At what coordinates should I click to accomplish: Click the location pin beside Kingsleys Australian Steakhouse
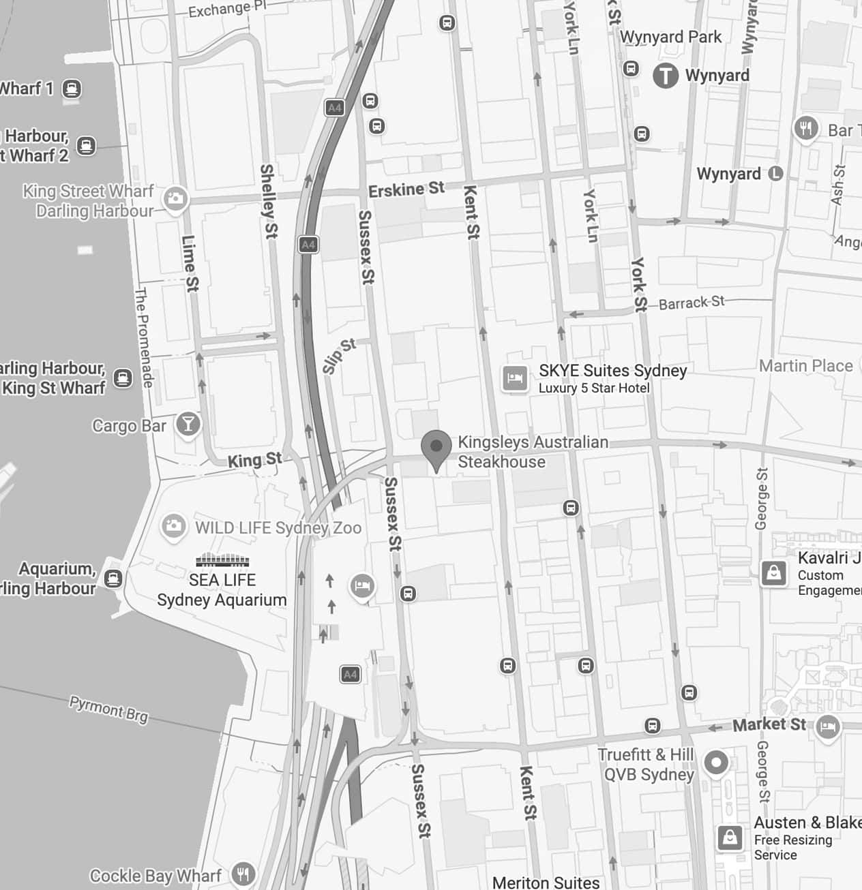tap(436, 448)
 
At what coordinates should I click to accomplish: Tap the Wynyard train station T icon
tap(666, 76)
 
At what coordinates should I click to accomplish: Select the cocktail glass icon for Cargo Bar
tap(188, 424)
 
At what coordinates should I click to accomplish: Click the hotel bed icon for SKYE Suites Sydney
tap(515, 378)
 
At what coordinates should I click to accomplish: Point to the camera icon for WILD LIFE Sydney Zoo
tap(173, 526)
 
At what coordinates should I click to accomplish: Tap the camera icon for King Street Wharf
tap(176, 200)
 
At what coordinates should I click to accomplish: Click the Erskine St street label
tap(406, 189)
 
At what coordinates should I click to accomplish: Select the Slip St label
tap(339, 356)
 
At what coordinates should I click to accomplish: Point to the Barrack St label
tap(691, 302)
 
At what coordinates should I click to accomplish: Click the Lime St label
tap(190, 264)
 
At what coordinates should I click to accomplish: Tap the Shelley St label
tap(268, 200)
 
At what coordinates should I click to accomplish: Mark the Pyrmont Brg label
tap(108, 709)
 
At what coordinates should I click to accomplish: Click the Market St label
tap(769, 724)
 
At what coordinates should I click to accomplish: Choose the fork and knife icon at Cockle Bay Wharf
tap(243, 874)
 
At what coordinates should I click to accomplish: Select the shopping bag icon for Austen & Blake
tap(730, 838)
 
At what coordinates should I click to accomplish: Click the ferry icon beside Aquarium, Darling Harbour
tap(113, 579)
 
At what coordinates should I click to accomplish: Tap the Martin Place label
tap(805, 366)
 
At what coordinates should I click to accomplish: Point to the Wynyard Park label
tap(670, 37)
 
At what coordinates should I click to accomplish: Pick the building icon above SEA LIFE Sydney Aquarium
tap(222, 561)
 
